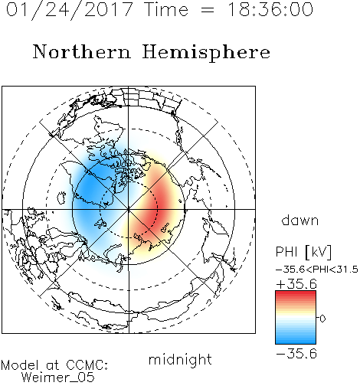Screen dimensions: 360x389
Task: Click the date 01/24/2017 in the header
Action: [69, 9]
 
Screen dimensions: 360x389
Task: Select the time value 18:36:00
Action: [270, 9]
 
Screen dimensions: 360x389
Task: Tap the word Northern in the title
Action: [82, 52]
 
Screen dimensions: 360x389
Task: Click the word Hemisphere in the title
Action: [206, 52]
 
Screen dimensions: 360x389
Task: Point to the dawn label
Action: [300, 221]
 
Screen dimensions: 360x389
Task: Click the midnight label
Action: [180, 360]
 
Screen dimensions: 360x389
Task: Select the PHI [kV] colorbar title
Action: [303, 252]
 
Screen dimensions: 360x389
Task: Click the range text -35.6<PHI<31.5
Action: [317, 270]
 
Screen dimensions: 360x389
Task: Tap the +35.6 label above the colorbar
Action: [296, 284]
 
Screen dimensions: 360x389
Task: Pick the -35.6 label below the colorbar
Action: [296, 354]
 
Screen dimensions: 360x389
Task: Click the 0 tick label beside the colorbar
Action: [322, 319]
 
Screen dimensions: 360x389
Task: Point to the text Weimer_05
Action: [58, 378]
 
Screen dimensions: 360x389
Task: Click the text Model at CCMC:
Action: [54, 365]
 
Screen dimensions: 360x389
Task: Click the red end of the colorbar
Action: [296, 293]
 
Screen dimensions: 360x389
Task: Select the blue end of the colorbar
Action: [296, 341]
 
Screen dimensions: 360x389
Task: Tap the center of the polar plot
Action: [129, 210]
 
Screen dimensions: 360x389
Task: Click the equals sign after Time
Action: [208, 10]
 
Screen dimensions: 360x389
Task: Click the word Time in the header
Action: [166, 9]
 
